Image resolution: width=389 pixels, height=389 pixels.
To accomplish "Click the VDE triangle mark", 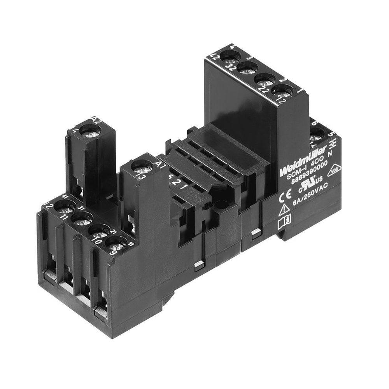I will coord(334,170).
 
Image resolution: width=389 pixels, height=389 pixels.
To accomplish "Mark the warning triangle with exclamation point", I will coord(284,210).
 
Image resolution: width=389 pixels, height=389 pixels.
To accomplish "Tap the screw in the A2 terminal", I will coord(91,132).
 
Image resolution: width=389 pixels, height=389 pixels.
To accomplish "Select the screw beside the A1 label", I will coord(142,168).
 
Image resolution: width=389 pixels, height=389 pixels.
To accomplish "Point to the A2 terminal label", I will coord(96,119).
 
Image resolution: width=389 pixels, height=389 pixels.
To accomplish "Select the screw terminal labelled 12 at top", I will coord(282,92).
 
